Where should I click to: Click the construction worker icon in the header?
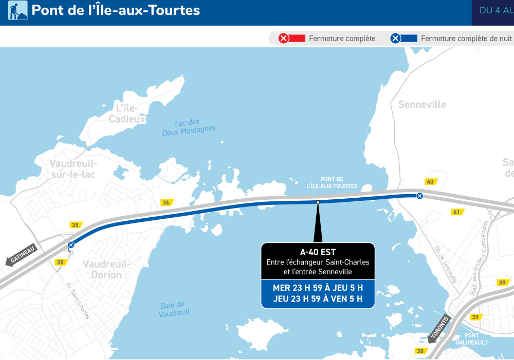(17, 10)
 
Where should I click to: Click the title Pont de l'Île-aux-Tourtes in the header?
(116, 10)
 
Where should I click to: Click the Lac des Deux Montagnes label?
(189, 127)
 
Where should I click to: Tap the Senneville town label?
(422, 104)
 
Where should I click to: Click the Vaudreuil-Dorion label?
(103, 269)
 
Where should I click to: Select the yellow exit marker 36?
(166, 202)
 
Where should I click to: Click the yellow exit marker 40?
(430, 182)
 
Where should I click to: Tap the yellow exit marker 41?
(456, 212)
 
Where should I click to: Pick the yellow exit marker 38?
(420, 351)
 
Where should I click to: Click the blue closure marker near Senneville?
(419, 196)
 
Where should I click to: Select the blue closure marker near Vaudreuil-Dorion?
(71, 245)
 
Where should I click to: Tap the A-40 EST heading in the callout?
(318, 252)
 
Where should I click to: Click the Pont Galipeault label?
(471, 338)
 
